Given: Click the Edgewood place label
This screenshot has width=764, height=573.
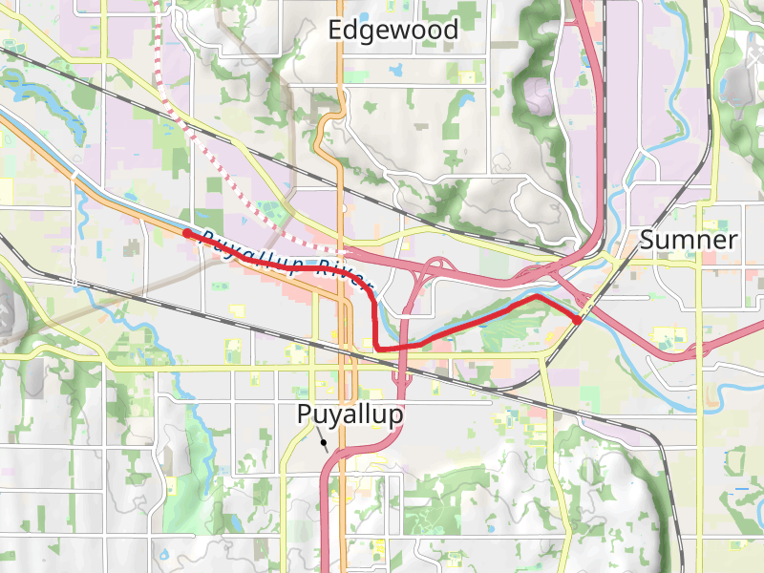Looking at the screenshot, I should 393,30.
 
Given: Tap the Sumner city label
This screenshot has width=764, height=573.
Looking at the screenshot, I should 688,240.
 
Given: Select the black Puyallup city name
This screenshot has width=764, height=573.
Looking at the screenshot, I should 350,415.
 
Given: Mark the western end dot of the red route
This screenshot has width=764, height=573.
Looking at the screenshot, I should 186,234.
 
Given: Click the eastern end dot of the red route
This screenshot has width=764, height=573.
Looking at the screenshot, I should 578,319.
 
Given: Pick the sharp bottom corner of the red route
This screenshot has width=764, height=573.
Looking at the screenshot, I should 377,349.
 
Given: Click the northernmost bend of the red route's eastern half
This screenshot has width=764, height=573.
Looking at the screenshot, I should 537,297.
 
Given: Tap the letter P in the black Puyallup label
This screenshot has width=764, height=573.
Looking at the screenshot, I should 305,415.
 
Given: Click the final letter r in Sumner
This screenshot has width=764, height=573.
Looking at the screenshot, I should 732,240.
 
